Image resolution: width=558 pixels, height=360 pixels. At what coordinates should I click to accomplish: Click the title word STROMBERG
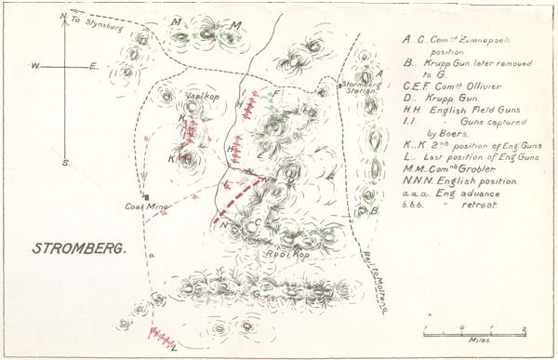(x=78, y=249)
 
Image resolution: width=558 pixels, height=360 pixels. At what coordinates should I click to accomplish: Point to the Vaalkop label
(x=202, y=96)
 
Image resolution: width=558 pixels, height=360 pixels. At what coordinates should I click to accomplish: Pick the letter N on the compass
(x=61, y=17)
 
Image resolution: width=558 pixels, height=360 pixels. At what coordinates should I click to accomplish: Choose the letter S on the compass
(x=65, y=163)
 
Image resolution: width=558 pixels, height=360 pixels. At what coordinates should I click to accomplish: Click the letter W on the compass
(x=33, y=67)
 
